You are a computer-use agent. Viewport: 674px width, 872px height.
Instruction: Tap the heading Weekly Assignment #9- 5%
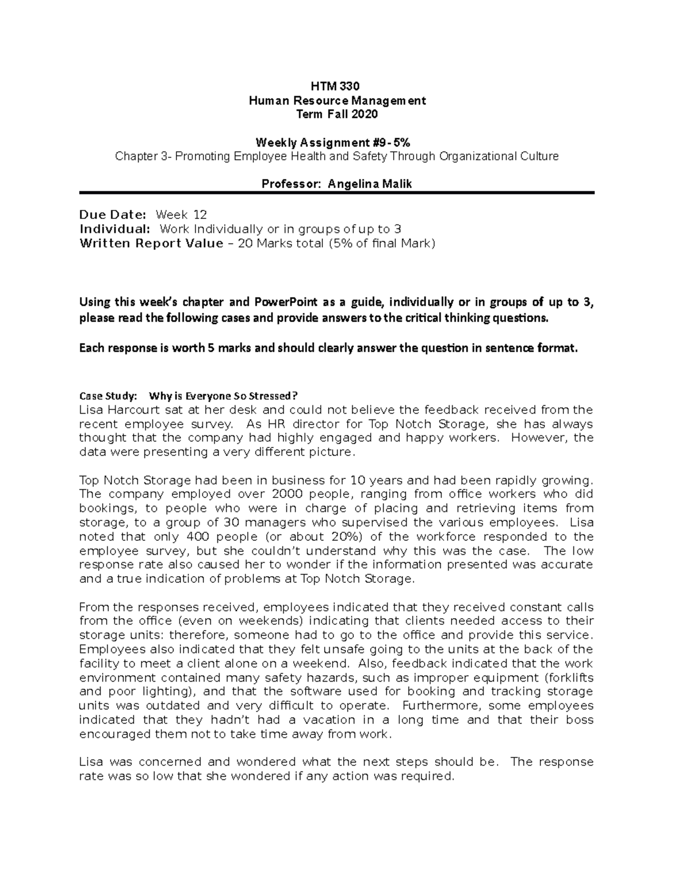click(336, 143)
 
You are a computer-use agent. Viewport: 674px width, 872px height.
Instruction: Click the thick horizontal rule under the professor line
click(336, 193)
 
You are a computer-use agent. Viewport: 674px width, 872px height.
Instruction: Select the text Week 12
click(181, 214)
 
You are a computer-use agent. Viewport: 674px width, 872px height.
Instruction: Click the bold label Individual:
click(115, 229)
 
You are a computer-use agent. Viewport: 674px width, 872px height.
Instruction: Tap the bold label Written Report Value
click(151, 244)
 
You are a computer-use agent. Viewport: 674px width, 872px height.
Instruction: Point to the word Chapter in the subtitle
click(135, 157)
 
